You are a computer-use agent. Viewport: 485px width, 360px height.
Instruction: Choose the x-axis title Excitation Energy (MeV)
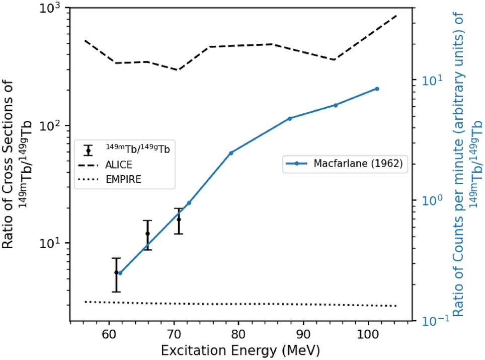pyautogui.click(x=240, y=349)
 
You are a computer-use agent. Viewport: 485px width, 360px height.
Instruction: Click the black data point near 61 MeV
pyautogui.click(x=116, y=272)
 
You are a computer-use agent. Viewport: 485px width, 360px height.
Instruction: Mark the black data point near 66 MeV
pyautogui.click(x=147, y=234)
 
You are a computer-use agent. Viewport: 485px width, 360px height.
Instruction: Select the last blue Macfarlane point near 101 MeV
pyautogui.click(x=377, y=89)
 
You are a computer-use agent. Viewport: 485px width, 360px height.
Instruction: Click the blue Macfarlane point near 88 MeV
pyautogui.click(x=290, y=118)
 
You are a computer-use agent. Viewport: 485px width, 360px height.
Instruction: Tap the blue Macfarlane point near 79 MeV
pyautogui.click(x=231, y=153)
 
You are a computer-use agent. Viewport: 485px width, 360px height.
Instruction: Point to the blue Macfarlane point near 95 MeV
pyautogui.click(x=335, y=105)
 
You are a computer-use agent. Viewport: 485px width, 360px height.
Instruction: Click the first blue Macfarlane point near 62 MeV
pyautogui.click(x=120, y=273)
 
